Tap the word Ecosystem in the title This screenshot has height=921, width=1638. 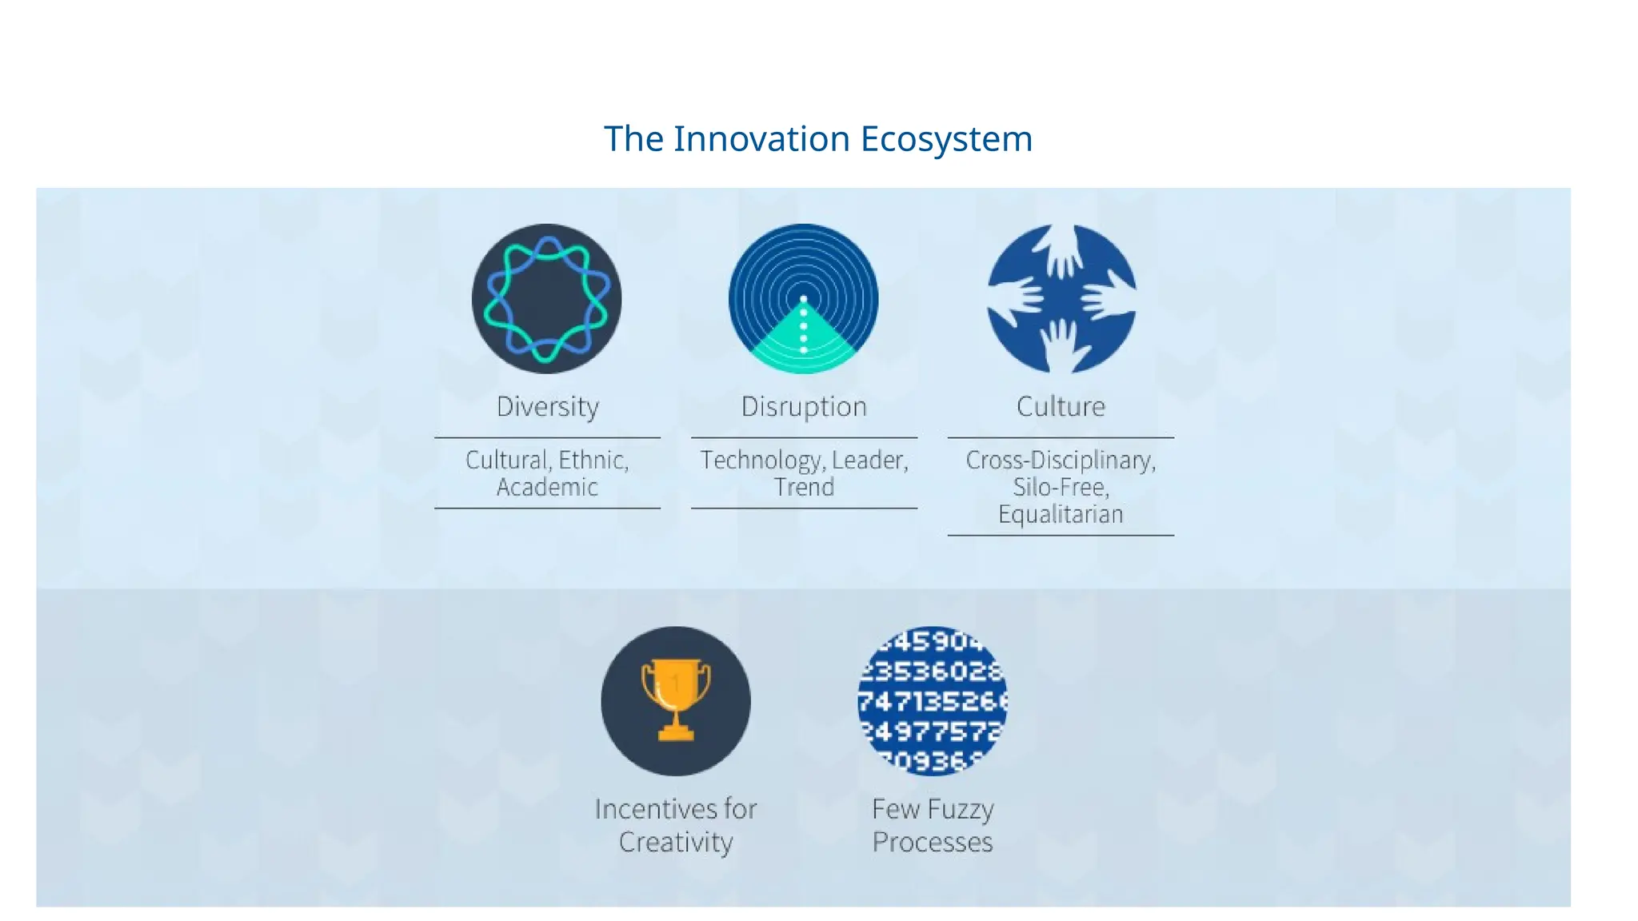click(946, 139)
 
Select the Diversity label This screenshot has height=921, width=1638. click(547, 407)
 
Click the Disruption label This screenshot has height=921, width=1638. click(804, 407)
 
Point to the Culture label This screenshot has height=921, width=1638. click(1061, 407)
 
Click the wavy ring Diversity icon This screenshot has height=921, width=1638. click(547, 298)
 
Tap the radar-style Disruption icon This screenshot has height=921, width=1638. click(804, 298)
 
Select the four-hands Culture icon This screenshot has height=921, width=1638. click(1061, 298)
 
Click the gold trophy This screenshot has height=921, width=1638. click(676, 698)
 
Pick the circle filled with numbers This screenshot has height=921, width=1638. click(933, 700)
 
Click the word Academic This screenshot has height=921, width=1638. click(547, 487)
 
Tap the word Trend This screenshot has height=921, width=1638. click(804, 487)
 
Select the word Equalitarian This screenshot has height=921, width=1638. click(1061, 514)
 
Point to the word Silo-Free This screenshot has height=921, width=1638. click(1061, 487)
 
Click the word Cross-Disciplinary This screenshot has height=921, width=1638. click(1061, 460)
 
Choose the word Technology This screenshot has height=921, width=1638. click(761, 460)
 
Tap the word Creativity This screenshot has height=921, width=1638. click(676, 842)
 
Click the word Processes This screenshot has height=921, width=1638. click(933, 842)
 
